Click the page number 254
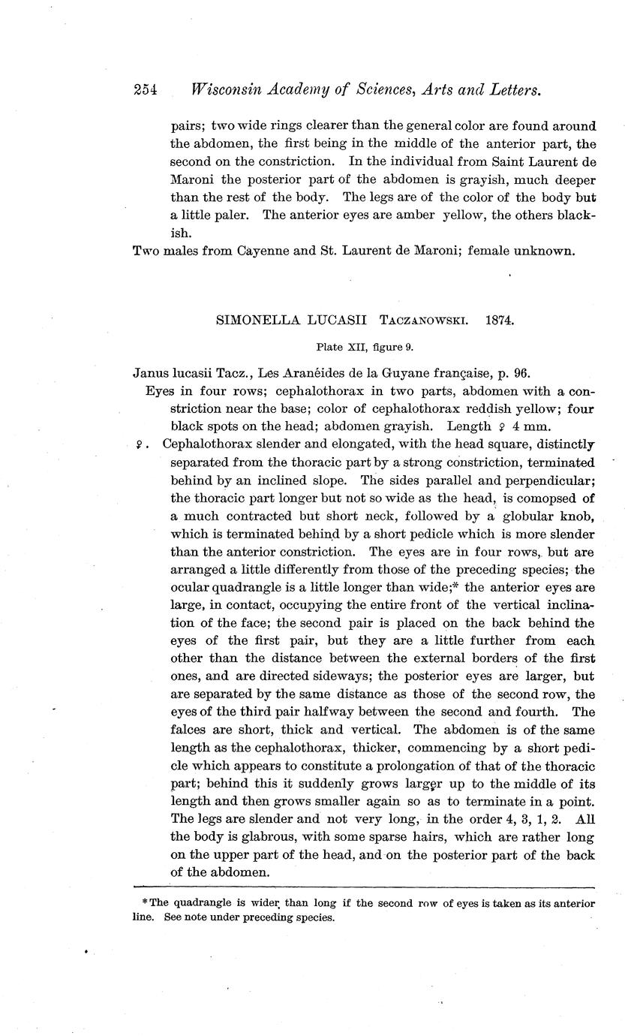pyautogui.click(x=144, y=91)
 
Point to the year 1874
pyautogui.click(x=500, y=320)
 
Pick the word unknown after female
pyautogui.click(x=539, y=251)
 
